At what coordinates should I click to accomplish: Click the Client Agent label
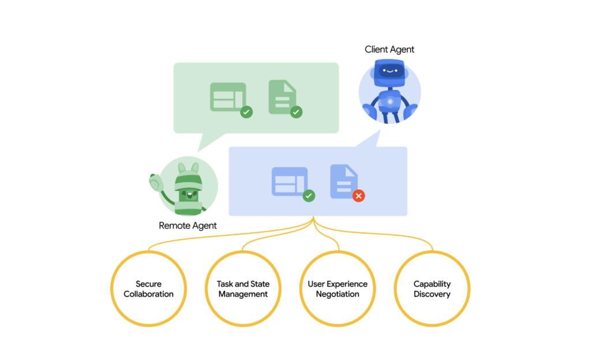pyautogui.click(x=389, y=50)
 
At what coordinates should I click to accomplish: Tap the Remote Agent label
pyautogui.click(x=188, y=226)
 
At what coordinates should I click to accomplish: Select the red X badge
pyautogui.click(x=358, y=196)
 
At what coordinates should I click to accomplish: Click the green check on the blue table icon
pyautogui.click(x=309, y=196)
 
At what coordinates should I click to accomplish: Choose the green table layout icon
pyautogui.click(x=227, y=96)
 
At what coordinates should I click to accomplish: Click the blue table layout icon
pyautogui.click(x=289, y=181)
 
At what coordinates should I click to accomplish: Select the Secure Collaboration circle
pyautogui.click(x=148, y=288)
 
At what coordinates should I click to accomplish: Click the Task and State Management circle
pyautogui.click(x=243, y=288)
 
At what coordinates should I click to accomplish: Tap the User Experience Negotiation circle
pyautogui.click(x=338, y=288)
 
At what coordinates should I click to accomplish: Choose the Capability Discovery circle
pyautogui.click(x=432, y=288)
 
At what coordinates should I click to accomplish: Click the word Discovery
pyautogui.click(x=432, y=294)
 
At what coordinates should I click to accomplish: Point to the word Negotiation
pyautogui.click(x=338, y=294)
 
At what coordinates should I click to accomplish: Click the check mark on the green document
pyautogui.click(x=296, y=112)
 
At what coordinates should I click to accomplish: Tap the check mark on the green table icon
pyautogui.click(x=246, y=112)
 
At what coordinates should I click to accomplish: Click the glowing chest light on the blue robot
pyautogui.click(x=390, y=102)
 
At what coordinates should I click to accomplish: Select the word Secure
pyautogui.click(x=148, y=284)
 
